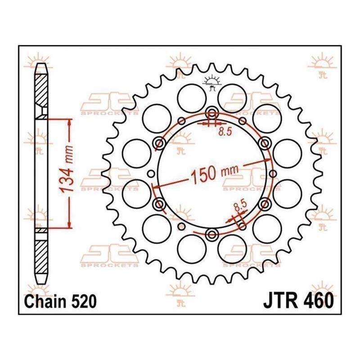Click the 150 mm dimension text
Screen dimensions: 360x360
coord(215,174)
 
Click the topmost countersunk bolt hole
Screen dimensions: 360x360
coord(211,113)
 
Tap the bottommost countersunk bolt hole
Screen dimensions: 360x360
coord(211,234)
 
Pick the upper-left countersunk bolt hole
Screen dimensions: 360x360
coord(159,144)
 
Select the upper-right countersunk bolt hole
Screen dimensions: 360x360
coord(265,144)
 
